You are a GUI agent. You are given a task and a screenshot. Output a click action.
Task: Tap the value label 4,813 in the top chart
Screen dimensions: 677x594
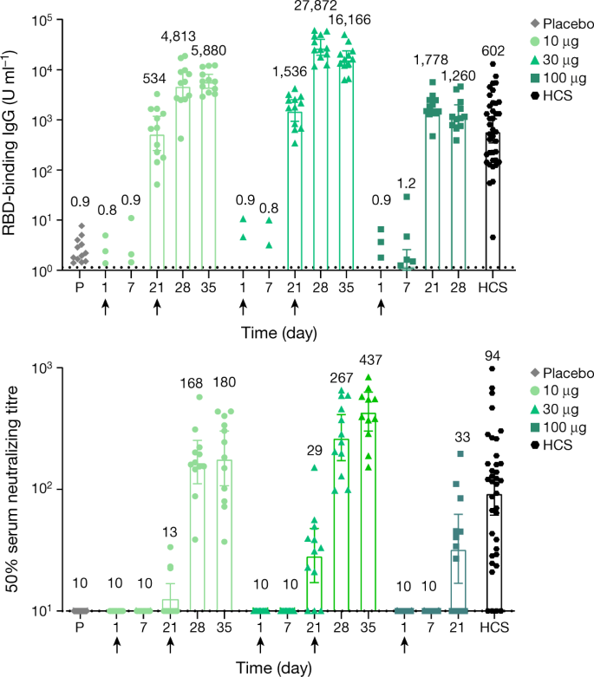tap(182, 37)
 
